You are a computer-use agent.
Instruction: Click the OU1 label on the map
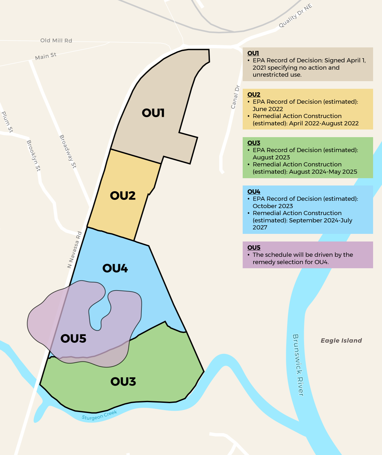153,113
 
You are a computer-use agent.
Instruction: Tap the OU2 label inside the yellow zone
123,195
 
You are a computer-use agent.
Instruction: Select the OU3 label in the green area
123,381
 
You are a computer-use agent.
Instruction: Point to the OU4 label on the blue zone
115,268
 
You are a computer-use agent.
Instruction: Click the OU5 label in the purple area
73,339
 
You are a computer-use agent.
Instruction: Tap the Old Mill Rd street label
56,40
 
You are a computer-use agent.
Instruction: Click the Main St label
46,56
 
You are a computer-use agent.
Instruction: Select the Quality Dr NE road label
295,16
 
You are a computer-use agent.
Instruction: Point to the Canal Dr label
235,97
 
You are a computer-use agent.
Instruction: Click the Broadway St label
68,151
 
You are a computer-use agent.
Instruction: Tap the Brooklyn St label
34,156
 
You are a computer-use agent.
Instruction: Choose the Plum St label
7,122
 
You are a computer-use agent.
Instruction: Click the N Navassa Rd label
75,250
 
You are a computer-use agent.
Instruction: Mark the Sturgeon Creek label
100,415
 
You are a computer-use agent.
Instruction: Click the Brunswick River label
298,365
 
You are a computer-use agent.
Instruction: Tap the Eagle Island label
341,340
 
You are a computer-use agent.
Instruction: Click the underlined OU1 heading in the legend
253,53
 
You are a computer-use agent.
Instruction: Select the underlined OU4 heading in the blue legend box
254,192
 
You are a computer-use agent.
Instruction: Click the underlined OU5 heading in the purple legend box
254,248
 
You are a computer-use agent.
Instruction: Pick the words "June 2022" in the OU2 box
268,109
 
